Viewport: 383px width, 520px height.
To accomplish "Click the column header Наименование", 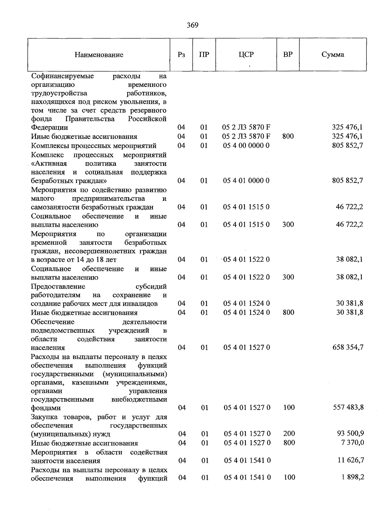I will point(99,55).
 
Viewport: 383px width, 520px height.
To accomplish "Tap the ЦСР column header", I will point(246,55).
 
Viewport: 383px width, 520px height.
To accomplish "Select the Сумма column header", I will point(333,55).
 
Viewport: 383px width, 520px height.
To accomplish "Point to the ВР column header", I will point(288,55).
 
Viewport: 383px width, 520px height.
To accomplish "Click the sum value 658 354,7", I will point(348,347).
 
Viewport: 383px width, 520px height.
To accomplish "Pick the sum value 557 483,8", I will point(348,407).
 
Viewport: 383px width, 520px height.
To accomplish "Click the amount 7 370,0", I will point(352,442).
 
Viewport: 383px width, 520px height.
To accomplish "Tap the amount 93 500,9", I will point(350,434).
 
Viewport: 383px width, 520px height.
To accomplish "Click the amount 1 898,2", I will point(352,477).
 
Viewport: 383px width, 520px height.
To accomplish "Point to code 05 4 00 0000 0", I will point(246,145).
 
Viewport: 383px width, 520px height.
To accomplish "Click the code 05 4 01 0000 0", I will point(246,181).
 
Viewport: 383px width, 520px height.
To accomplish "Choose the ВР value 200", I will point(289,434).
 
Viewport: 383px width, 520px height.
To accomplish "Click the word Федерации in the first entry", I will point(49,128).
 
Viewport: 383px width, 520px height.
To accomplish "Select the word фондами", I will point(46,408).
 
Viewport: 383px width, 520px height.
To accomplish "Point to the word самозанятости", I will point(55,207).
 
